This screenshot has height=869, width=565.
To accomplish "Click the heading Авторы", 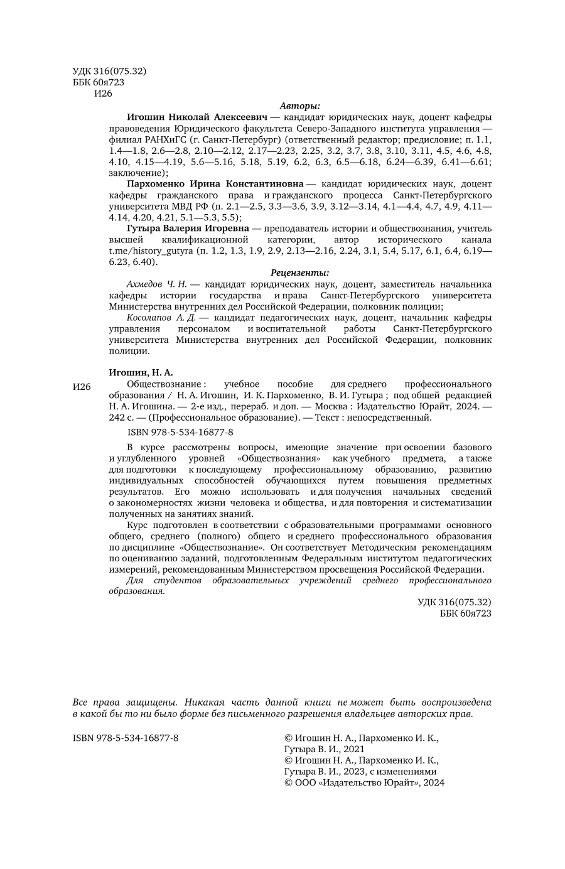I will point(299,105).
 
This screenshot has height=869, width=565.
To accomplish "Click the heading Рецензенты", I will point(299,273).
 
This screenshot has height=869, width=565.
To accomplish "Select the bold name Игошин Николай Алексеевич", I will point(197,117).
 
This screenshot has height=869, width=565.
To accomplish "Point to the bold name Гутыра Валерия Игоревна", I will point(188,229).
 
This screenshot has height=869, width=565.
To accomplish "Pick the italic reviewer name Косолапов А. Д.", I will point(161,318).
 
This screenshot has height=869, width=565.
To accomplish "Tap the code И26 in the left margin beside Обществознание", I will point(82,387).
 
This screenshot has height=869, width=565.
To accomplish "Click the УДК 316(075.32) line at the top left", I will point(109,72).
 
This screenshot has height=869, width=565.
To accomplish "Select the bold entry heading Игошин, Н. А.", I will point(141,372).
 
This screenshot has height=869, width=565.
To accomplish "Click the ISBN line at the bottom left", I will point(126,738).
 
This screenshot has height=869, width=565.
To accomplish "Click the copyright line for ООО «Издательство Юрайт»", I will point(364,782).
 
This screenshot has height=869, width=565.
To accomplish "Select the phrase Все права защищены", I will point(125,702).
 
